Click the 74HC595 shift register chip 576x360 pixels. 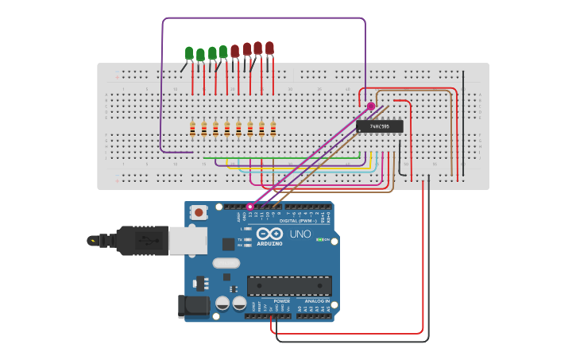(379, 126)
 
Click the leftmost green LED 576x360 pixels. (189, 53)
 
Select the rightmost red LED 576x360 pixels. (270, 48)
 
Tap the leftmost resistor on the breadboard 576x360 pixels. (192, 129)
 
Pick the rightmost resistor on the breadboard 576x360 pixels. (273, 129)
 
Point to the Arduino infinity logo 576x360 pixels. (269, 234)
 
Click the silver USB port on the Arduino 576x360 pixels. (188, 240)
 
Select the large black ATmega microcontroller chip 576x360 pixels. (289, 286)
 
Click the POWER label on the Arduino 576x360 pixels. (282, 301)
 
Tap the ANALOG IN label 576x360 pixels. (317, 301)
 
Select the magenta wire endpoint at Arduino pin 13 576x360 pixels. (249, 207)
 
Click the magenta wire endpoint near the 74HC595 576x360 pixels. (371, 106)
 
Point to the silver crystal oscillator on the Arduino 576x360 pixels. (226, 263)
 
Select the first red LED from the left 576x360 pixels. (234, 51)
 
